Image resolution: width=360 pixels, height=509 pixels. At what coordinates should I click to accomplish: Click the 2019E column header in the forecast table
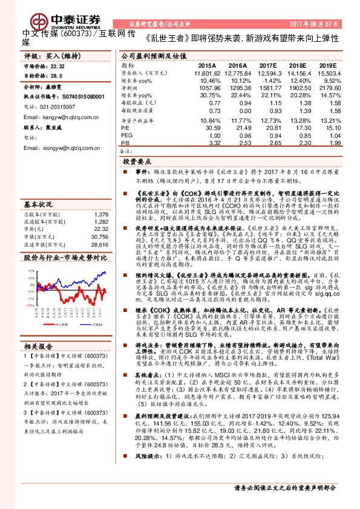327,65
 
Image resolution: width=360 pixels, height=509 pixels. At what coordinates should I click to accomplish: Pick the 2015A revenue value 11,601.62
204,73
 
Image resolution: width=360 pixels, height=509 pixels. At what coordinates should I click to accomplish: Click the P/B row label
125,143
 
